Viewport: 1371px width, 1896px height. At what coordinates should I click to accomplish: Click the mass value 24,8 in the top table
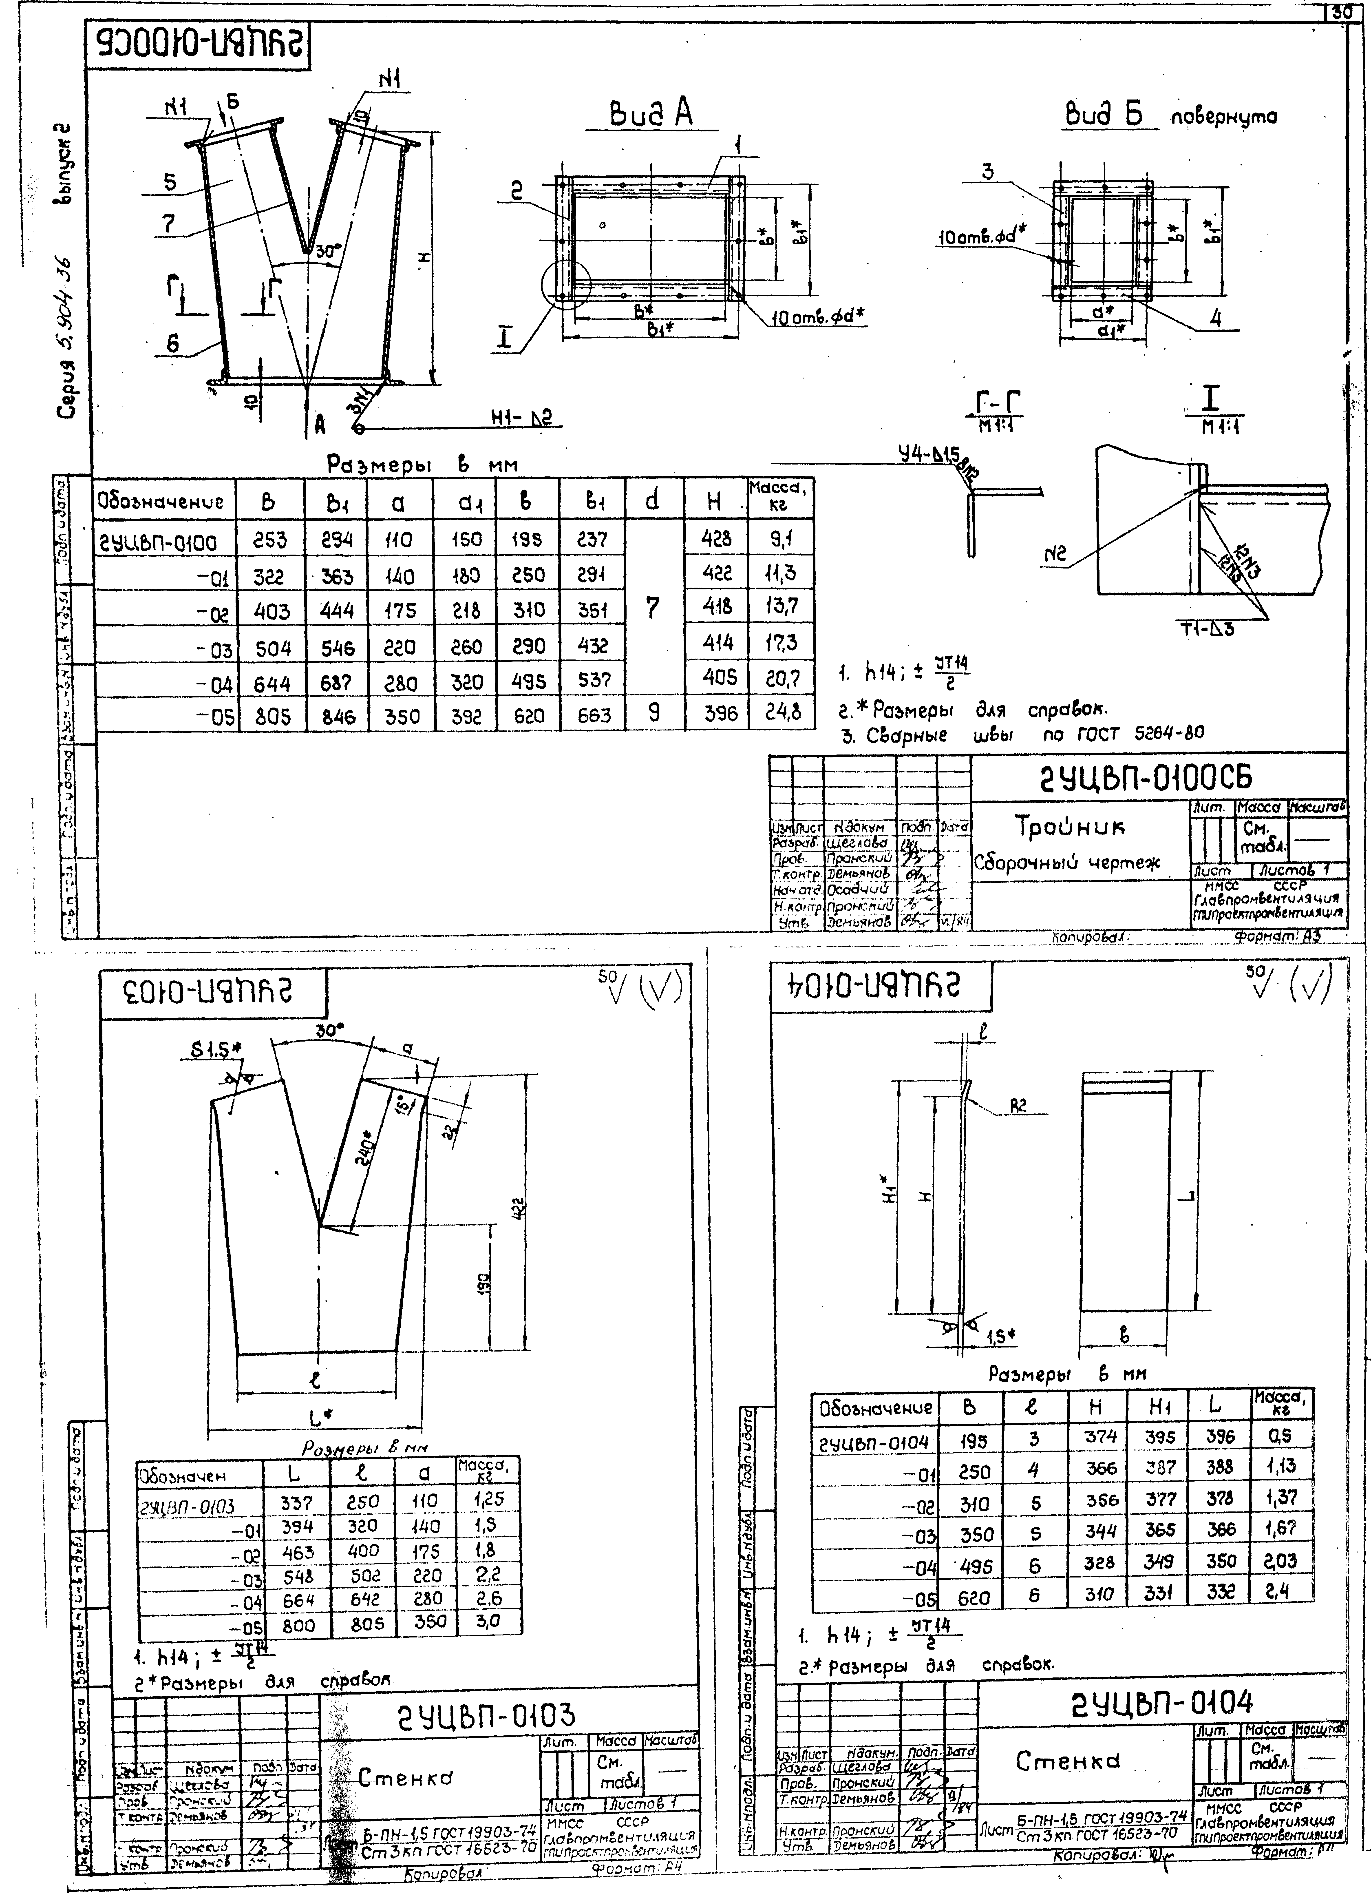tap(783, 712)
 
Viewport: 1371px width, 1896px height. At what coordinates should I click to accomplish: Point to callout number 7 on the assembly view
tap(169, 224)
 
